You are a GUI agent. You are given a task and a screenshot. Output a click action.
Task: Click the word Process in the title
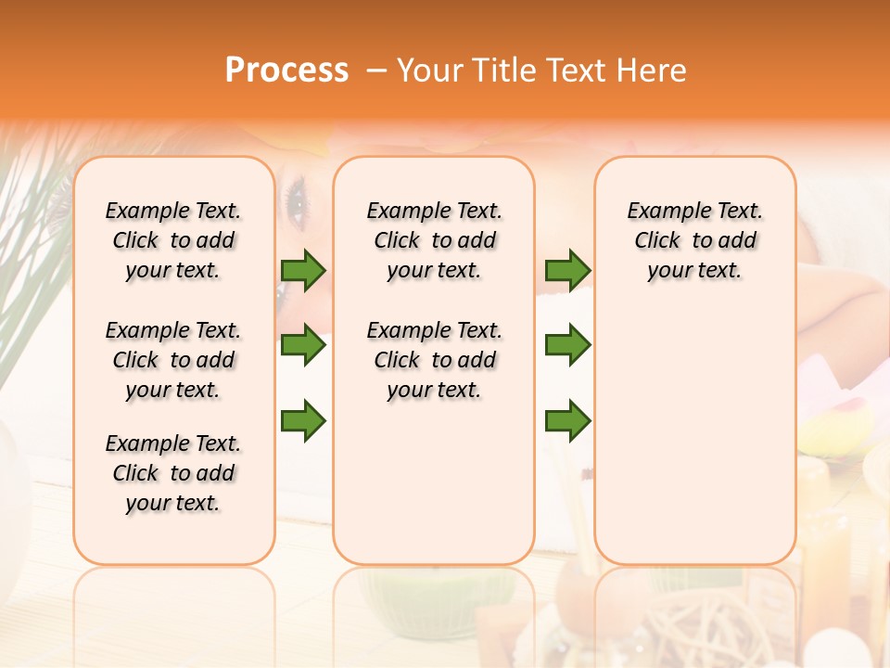pos(286,70)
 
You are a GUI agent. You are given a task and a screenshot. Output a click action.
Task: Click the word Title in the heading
pos(502,70)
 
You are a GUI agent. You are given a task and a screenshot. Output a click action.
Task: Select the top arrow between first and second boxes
pos(303,270)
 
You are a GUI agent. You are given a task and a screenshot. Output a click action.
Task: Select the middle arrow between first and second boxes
pos(303,345)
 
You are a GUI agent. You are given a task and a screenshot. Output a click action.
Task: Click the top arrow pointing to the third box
pos(567,270)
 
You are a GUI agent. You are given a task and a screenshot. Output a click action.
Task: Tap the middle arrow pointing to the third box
pos(567,345)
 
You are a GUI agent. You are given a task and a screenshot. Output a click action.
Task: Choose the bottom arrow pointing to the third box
pos(567,420)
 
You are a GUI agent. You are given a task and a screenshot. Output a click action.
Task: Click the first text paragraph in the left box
pos(173,240)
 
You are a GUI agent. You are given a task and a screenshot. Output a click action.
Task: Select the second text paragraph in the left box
pos(173,360)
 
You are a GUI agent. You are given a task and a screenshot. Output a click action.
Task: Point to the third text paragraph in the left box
pos(173,473)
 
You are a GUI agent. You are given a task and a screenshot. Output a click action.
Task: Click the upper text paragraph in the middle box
pos(434,240)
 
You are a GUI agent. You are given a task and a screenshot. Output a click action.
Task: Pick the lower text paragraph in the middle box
pos(434,360)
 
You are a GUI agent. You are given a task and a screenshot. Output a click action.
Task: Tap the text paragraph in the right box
pos(694,240)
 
